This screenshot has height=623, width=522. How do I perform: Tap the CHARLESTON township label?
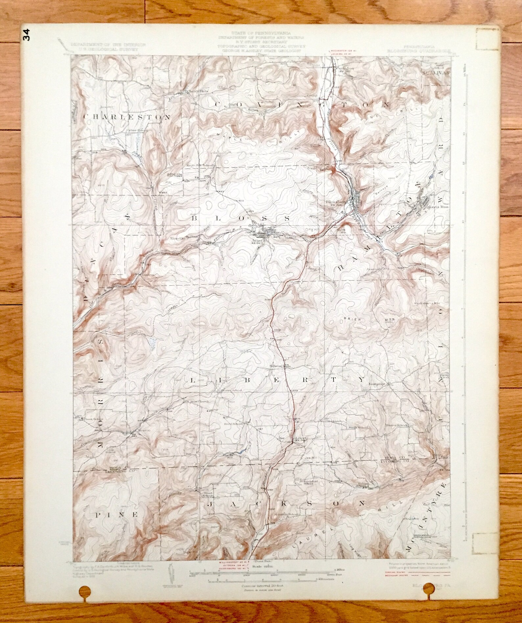tap(127, 117)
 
